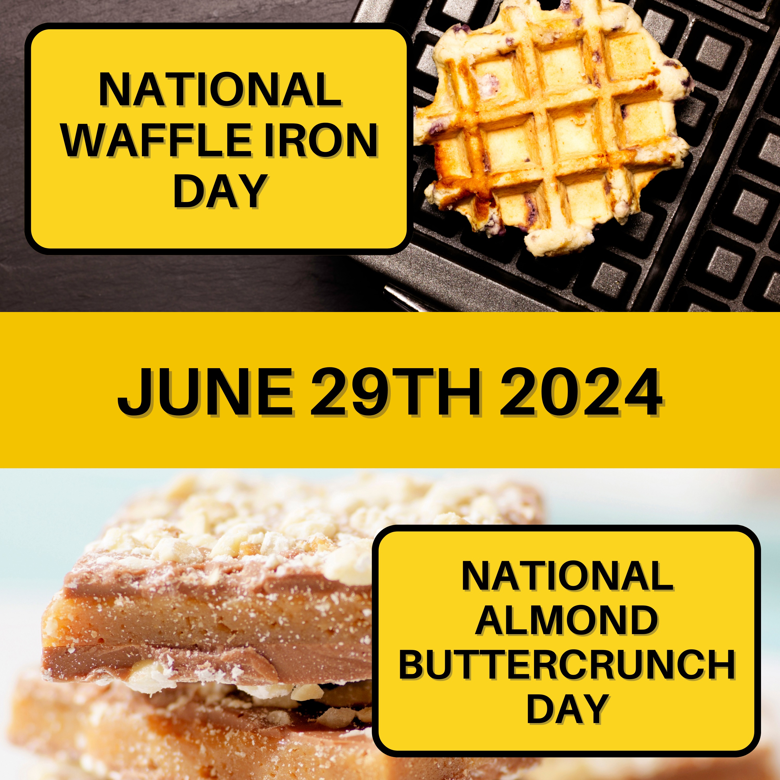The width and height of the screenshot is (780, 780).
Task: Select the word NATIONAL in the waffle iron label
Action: click(x=220, y=90)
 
